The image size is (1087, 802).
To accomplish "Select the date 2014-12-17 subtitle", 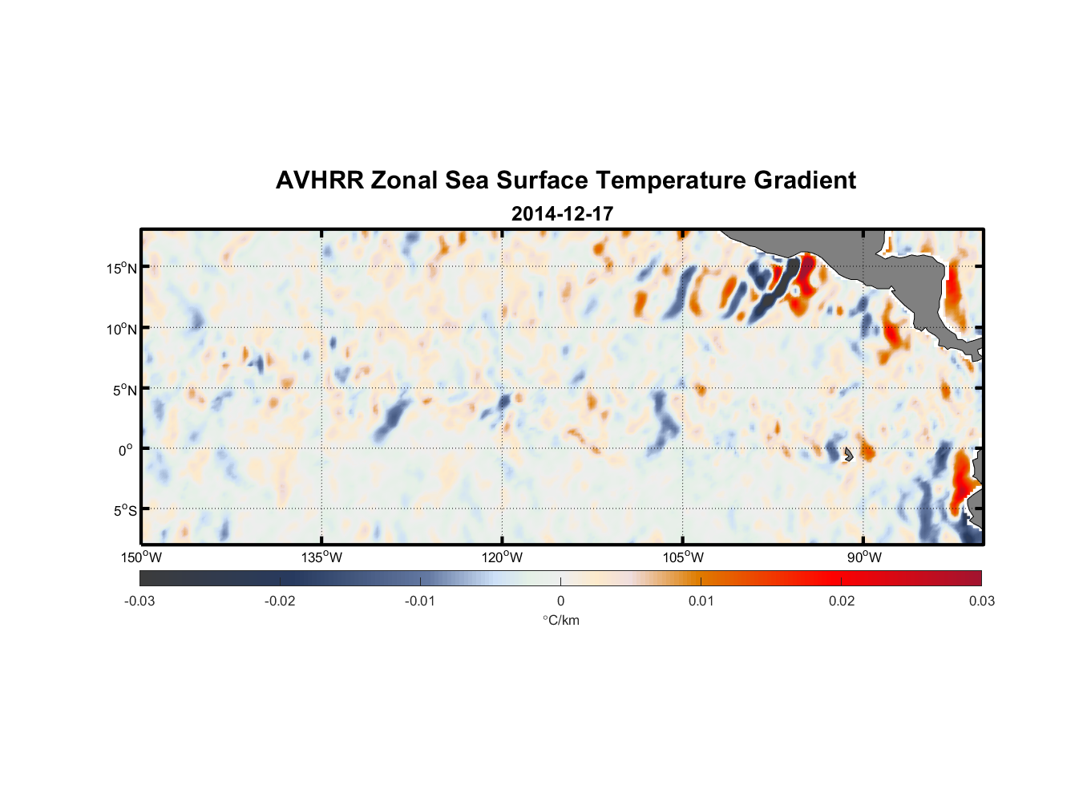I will pyautogui.click(x=562, y=214).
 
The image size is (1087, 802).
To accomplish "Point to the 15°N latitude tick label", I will pyautogui.click(x=121, y=268).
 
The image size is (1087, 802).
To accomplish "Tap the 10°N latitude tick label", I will pyautogui.click(x=121, y=329).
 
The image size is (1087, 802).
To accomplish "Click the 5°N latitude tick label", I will pyautogui.click(x=124, y=390).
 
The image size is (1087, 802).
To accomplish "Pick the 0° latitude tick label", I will pyautogui.click(x=126, y=450).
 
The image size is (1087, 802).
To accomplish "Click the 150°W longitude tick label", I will pyautogui.click(x=141, y=557).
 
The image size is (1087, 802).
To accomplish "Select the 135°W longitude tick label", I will pyautogui.click(x=321, y=557).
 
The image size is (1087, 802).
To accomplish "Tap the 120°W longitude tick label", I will pyautogui.click(x=502, y=557).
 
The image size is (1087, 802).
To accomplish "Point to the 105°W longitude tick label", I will pyautogui.click(x=683, y=557).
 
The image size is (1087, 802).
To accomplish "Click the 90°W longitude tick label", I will pyautogui.click(x=864, y=557).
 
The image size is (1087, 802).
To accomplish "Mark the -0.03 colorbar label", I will pyautogui.click(x=139, y=601).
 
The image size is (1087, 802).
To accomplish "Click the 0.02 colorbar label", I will pyautogui.click(x=841, y=601).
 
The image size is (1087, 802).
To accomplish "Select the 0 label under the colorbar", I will pyautogui.click(x=560, y=601).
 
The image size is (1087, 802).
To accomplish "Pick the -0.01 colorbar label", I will pyautogui.click(x=420, y=601).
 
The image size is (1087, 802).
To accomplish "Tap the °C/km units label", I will pyautogui.click(x=560, y=620).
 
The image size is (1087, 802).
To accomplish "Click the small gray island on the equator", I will pyautogui.click(x=847, y=455).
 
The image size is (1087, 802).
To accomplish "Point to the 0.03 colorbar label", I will pyautogui.click(x=981, y=601).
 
